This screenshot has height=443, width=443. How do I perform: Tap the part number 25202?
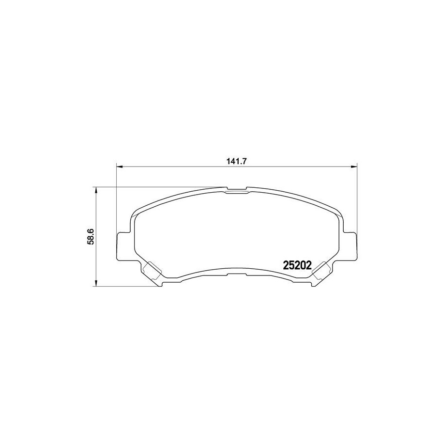pyautogui.click(x=297, y=265)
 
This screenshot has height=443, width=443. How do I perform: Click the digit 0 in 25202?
pyautogui.click(x=303, y=265)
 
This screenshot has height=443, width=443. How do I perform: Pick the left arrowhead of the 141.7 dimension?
pyautogui.click(x=120, y=167)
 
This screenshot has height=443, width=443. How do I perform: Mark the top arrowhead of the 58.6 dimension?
pyautogui.click(x=96, y=190)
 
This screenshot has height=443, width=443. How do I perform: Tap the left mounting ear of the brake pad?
pyautogui.click(x=123, y=245)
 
